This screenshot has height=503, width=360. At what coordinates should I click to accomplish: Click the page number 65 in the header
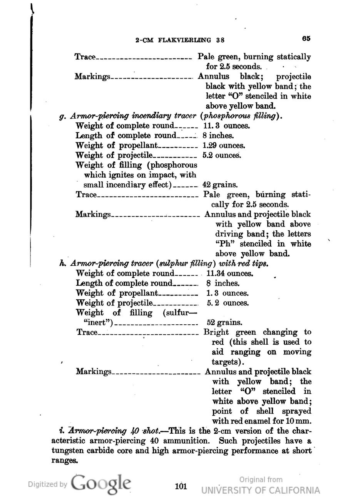coord(306,39)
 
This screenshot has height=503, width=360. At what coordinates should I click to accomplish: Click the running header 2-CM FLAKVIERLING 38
coord(180,40)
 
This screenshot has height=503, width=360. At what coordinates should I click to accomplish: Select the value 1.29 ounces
coord(224,146)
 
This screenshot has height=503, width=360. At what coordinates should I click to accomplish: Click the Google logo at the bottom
coord(101,484)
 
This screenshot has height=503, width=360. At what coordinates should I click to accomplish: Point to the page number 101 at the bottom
coord(181,486)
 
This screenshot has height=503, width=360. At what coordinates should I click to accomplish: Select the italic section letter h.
coord(61,264)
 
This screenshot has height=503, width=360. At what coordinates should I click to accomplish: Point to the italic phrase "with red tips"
coord(243,264)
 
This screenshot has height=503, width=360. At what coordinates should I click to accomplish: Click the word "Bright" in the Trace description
coord(216,332)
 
